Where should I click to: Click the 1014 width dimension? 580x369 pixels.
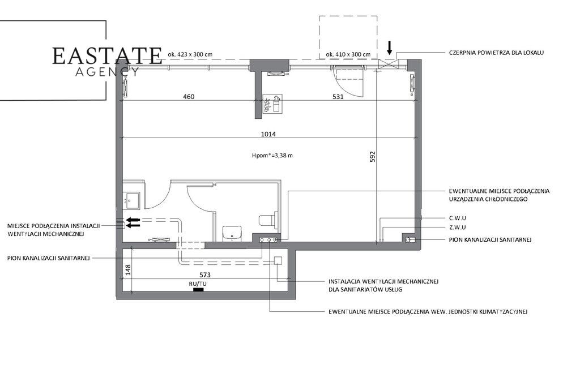click(268, 134)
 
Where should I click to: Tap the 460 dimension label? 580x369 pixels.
click(189, 97)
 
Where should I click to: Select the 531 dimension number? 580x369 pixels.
click(338, 97)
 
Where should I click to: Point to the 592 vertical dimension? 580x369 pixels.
click(373, 156)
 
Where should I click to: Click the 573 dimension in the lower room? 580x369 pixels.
click(205, 274)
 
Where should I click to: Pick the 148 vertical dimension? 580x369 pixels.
click(128, 269)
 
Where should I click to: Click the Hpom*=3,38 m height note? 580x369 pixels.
click(272, 155)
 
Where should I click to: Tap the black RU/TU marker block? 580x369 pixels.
click(198, 290)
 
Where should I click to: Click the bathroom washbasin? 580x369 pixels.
click(232, 233)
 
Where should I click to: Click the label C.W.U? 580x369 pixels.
click(458, 218)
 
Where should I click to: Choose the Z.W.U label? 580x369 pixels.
click(458, 228)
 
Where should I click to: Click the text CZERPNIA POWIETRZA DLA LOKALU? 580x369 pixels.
click(496, 53)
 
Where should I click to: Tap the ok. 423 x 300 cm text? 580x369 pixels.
click(190, 54)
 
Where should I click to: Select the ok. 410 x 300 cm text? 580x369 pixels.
click(348, 54)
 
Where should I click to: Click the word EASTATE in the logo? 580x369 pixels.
click(107, 56)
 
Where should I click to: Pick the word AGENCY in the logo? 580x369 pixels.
click(107, 71)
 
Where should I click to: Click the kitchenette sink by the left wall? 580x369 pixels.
click(131, 200)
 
